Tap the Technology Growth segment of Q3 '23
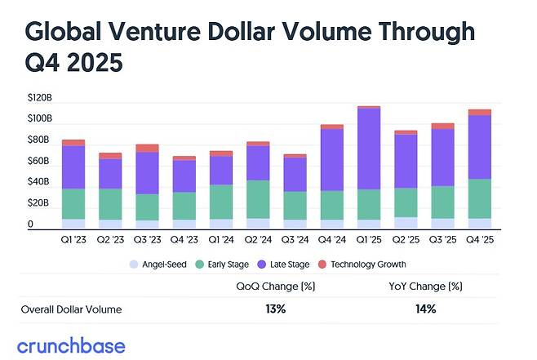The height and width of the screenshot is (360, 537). (x=148, y=148)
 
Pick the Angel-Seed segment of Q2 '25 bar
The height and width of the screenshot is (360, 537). (x=406, y=222)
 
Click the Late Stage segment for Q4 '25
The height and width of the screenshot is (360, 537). (x=480, y=147)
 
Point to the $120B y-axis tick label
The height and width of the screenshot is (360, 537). (x=40, y=97)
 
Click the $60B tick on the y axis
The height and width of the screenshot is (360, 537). (x=40, y=161)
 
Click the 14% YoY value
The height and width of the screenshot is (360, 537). (x=425, y=309)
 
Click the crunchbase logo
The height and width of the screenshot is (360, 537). (x=71, y=344)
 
